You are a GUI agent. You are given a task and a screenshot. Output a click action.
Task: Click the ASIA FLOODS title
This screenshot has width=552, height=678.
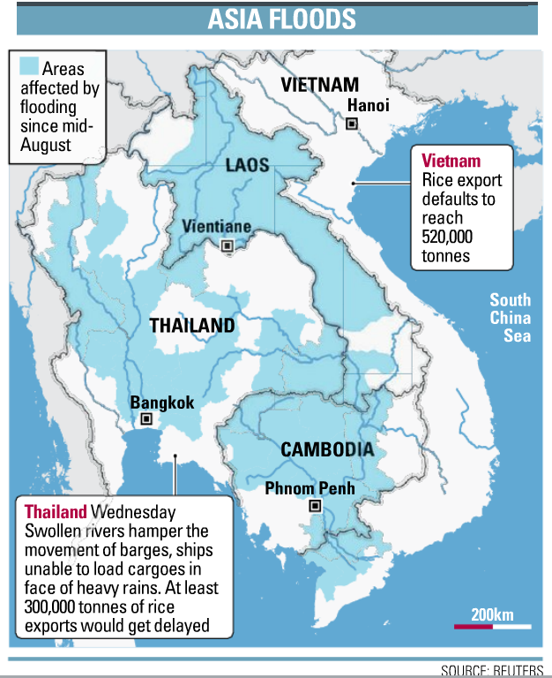(281, 19)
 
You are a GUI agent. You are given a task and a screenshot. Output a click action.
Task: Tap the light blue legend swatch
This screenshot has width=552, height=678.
(29, 65)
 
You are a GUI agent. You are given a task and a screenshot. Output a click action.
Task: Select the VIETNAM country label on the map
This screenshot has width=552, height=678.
(319, 86)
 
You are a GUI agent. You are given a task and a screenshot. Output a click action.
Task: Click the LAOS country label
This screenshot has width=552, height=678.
(247, 165)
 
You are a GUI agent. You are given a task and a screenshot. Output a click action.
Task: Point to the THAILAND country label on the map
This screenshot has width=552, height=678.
(192, 325)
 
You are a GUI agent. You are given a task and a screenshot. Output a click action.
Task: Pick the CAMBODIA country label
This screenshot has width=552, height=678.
(327, 449)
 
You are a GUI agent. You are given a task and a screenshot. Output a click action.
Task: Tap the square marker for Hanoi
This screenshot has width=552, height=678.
(352, 124)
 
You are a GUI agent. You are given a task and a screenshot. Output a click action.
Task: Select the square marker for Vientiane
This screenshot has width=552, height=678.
(228, 245)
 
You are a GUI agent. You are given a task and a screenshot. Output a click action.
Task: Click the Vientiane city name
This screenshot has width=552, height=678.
(216, 226)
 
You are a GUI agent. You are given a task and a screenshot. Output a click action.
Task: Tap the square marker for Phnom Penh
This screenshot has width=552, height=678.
(314, 507)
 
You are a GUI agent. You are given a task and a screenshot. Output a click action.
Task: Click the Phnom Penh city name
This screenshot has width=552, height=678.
(310, 488)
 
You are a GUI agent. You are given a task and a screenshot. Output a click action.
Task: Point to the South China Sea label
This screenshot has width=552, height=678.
(511, 318)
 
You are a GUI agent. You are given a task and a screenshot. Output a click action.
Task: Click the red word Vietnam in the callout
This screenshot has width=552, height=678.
(451, 161)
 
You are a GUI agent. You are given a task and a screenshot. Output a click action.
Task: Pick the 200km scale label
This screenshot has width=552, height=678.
(492, 614)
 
